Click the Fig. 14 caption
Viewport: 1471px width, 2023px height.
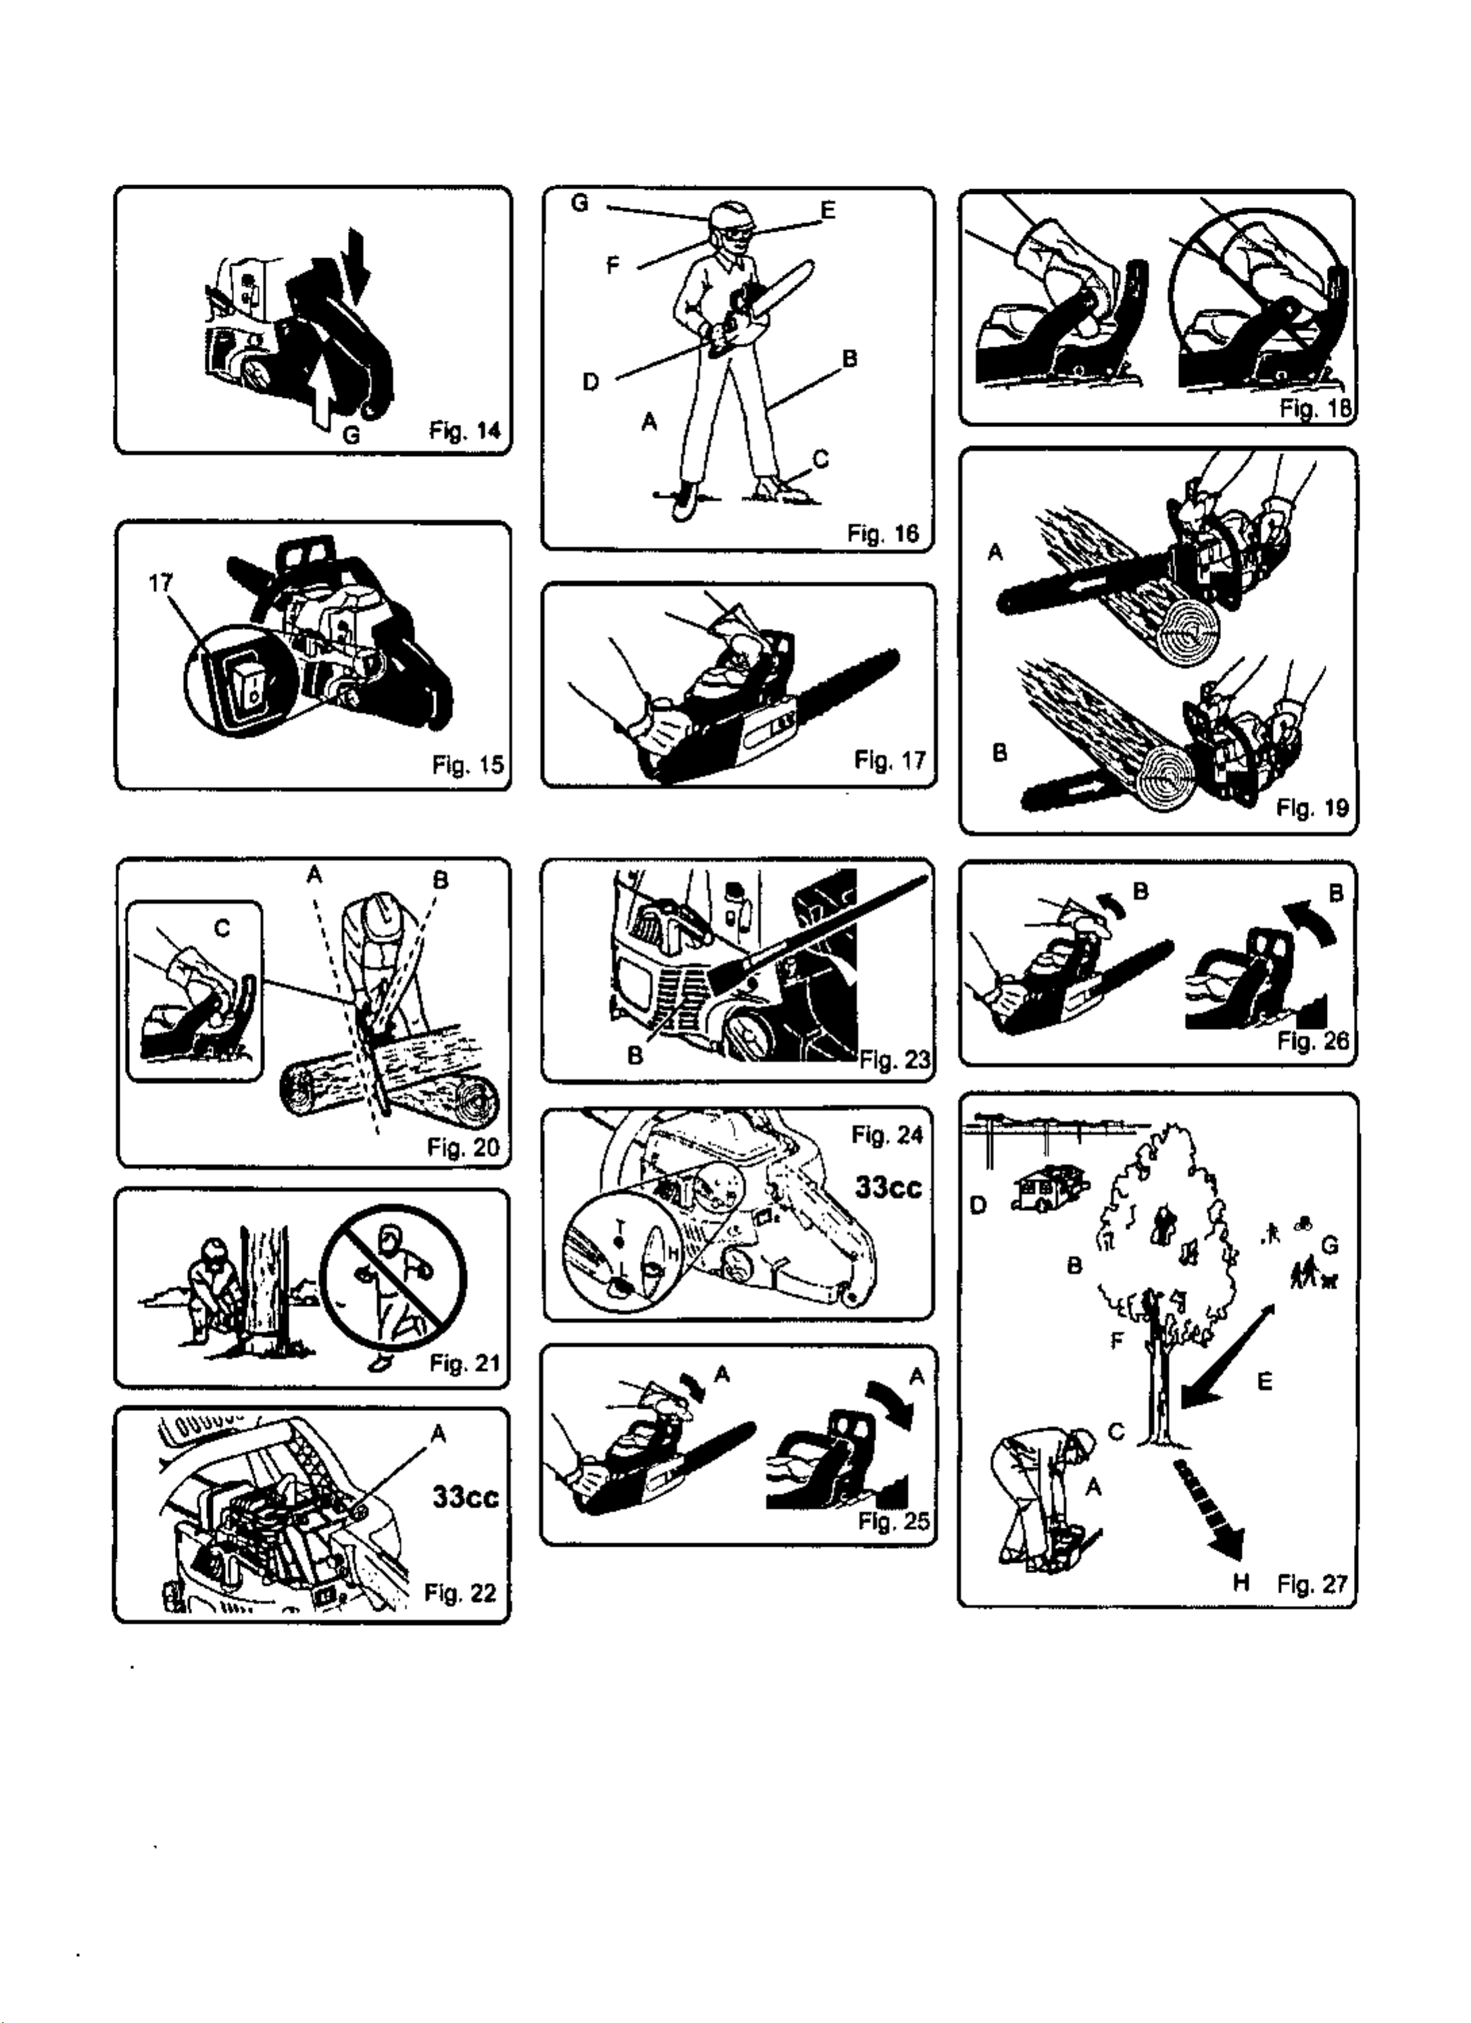pos(465,432)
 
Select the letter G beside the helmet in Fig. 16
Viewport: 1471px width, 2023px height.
pos(580,203)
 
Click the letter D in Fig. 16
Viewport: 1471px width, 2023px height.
pos(591,382)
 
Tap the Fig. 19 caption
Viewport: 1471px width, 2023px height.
pos(1312,808)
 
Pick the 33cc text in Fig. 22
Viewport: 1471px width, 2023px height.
pos(465,1496)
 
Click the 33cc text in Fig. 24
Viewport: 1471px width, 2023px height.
pos(889,1187)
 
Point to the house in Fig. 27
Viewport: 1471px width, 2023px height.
pos(1050,1187)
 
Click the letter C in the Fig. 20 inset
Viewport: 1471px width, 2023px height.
pos(223,929)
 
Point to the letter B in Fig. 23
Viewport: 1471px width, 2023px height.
pos(635,1055)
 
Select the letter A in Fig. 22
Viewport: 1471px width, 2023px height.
pos(438,1433)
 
